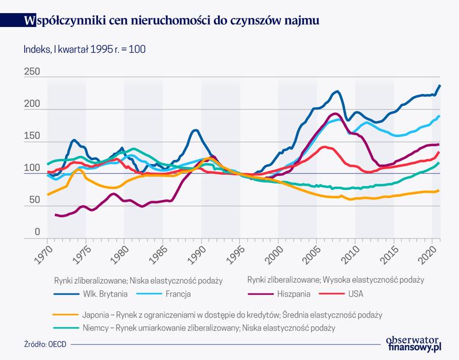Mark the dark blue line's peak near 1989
tap(195, 131)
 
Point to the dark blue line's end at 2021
tap(440, 85)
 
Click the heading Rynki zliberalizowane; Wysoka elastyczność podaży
tap(335, 280)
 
